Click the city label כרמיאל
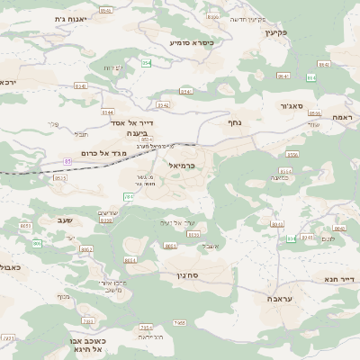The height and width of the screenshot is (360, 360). (180, 166)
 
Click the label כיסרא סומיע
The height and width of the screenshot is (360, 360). (191, 42)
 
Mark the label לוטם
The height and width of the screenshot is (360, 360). (328, 238)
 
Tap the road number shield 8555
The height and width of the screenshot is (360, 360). (130, 259)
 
